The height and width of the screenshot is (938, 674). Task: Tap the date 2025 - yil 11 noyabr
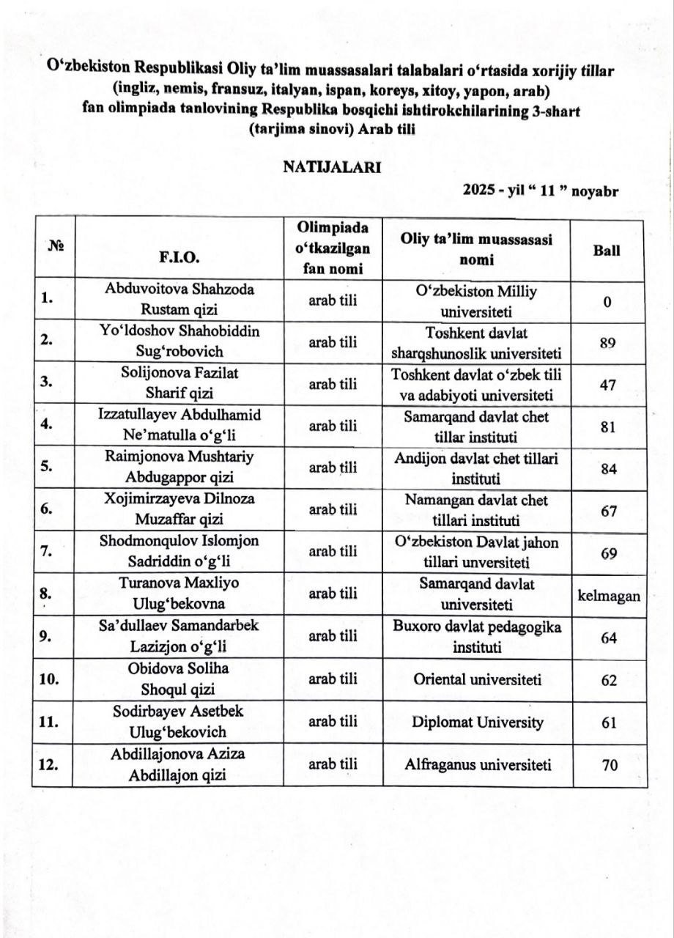(x=541, y=191)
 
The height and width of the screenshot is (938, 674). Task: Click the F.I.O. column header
(x=179, y=258)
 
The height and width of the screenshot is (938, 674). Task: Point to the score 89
(x=607, y=343)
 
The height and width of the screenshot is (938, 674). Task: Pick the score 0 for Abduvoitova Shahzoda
(x=607, y=301)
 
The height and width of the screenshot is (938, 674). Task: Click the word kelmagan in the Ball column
(x=608, y=596)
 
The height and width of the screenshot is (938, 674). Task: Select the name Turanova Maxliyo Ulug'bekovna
(x=179, y=595)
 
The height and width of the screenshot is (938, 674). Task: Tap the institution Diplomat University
(x=477, y=723)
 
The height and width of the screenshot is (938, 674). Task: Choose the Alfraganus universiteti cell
(x=477, y=765)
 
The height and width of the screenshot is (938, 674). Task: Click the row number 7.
(x=45, y=552)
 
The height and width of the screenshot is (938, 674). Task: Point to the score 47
(x=607, y=385)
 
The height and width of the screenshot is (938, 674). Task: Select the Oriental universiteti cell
(x=477, y=680)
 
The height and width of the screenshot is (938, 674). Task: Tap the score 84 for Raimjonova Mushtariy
(x=608, y=469)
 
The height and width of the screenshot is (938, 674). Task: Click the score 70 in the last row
(x=608, y=766)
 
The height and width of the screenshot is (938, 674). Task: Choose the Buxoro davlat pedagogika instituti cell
(x=477, y=638)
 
